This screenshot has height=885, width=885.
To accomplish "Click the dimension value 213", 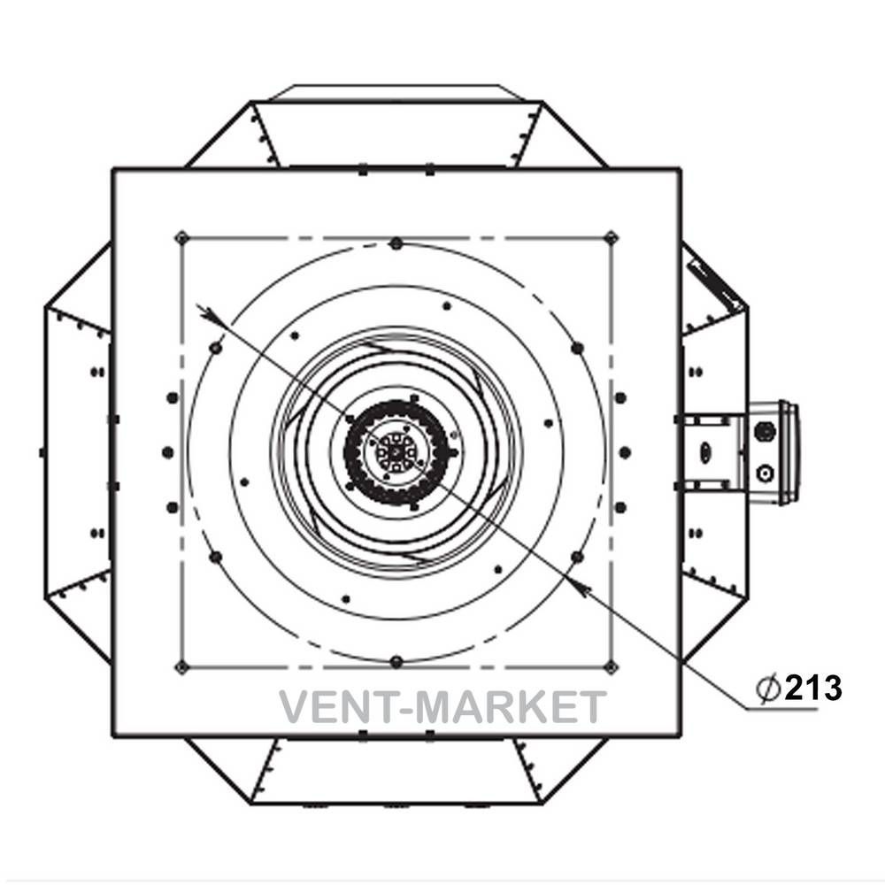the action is (x=813, y=688).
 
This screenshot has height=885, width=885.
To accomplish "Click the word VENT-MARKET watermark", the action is (x=442, y=706).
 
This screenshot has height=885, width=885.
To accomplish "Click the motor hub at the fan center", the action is (x=396, y=452).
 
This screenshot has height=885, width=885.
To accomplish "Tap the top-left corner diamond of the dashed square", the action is (x=181, y=237).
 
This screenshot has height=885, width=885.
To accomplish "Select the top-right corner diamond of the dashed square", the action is (x=611, y=237).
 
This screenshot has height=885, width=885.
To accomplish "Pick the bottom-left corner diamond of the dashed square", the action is (x=181, y=667).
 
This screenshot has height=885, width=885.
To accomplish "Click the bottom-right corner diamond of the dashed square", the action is (x=611, y=667).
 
